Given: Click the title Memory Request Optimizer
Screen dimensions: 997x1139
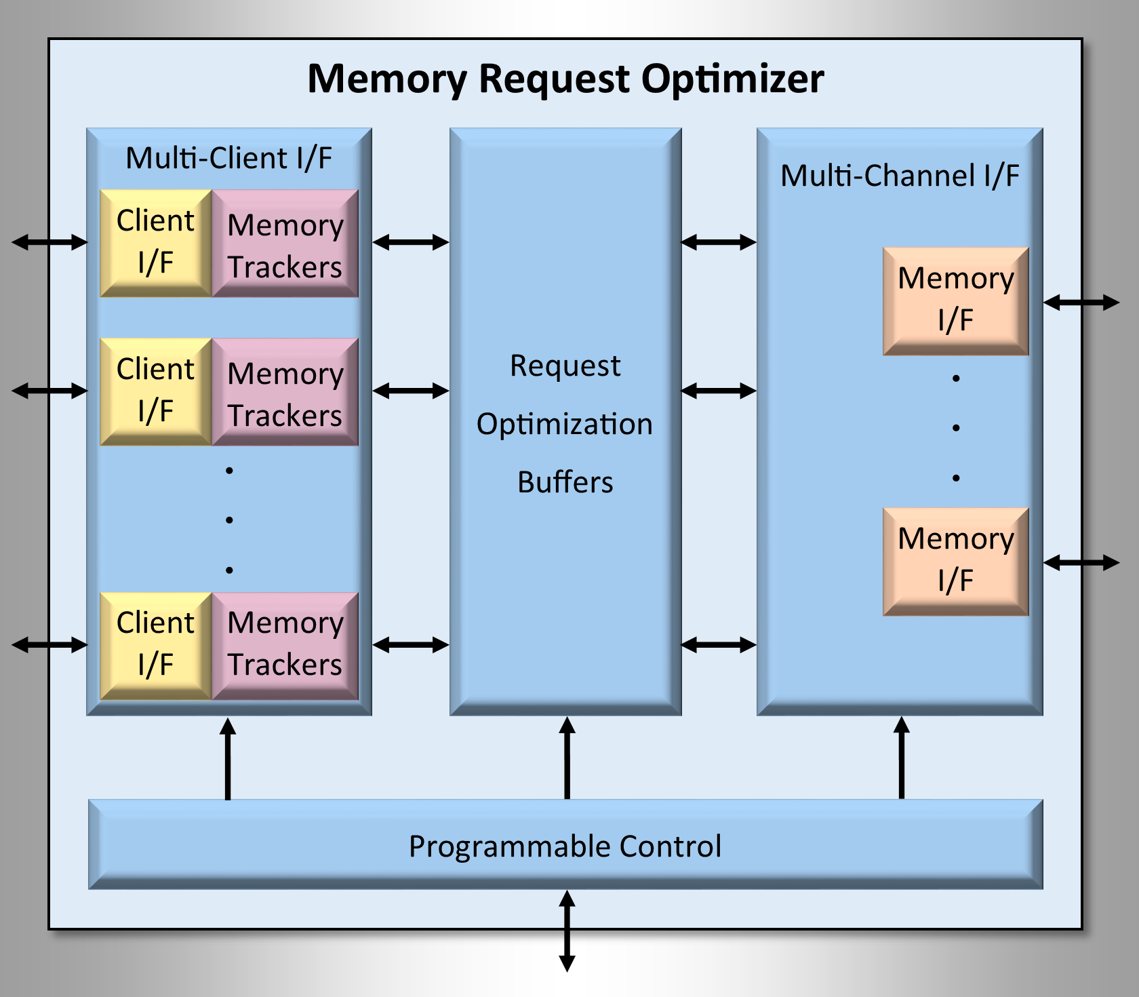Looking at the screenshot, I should click(x=565, y=79).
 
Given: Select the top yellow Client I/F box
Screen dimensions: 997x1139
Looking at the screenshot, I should click(x=156, y=243).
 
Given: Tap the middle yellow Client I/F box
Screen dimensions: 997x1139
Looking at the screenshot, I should click(x=156, y=391).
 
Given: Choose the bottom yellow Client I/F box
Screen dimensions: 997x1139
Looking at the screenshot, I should click(x=156, y=645).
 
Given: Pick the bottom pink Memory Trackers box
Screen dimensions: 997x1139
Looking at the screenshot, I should click(x=285, y=645).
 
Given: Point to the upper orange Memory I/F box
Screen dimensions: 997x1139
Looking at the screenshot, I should click(x=955, y=301).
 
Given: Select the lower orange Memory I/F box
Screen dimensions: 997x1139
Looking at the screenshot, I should click(x=955, y=561).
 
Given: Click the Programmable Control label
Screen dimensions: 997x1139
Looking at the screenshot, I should click(x=565, y=846).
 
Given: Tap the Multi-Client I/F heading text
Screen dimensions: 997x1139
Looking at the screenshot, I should click(x=229, y=159).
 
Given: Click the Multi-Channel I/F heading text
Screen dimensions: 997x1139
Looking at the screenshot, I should click(x=900, y=176).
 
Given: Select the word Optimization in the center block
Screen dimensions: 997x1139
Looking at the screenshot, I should click(x=565, y=424).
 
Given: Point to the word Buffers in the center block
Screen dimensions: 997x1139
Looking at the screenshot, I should click(x=565, y=482).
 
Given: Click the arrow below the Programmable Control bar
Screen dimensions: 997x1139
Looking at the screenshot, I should click(x=567, y=931).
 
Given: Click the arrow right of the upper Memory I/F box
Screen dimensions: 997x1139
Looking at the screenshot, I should click(x=1081, y=302).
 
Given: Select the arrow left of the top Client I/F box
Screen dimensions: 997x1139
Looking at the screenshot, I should click(x=49, y=242).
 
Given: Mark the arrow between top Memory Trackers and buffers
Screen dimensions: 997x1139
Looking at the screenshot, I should click(x=411, y=242).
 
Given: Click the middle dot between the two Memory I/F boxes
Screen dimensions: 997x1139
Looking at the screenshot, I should click(x=956, y=428).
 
